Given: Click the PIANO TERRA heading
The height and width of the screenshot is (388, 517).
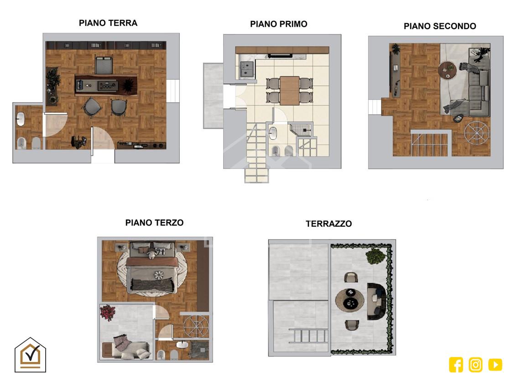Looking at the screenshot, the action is [108, 23].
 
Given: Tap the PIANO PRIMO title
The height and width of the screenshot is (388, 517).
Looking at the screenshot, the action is [279, 24].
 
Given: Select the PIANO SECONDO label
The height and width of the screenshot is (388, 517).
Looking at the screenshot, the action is [440, 26].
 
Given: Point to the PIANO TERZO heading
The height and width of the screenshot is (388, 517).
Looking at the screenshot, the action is [154, 223].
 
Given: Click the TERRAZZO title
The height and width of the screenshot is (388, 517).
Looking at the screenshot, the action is [329, 224].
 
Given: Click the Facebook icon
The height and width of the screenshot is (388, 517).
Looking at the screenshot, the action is [456, 365].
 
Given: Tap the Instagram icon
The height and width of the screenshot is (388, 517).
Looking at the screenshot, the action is [475, 365].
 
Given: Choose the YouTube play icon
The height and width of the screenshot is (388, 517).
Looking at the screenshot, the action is [495, 365].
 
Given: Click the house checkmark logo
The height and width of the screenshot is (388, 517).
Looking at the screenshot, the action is [30, 355].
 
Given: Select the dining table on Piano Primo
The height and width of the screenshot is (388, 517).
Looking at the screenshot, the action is [289, 91].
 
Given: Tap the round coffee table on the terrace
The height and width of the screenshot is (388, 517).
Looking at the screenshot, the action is [350, 299].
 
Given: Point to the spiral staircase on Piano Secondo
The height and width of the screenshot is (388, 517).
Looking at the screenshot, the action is [476, 133].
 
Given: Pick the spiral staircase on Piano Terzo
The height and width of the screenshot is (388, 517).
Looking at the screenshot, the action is [196, 326].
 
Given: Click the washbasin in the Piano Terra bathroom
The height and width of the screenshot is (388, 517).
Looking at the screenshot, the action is [21, 119].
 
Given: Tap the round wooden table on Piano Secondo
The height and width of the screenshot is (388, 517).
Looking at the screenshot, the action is [448, 70].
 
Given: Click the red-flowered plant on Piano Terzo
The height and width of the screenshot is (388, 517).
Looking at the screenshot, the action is [108, 312].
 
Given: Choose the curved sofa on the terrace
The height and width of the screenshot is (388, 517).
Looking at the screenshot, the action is [376, 301].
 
